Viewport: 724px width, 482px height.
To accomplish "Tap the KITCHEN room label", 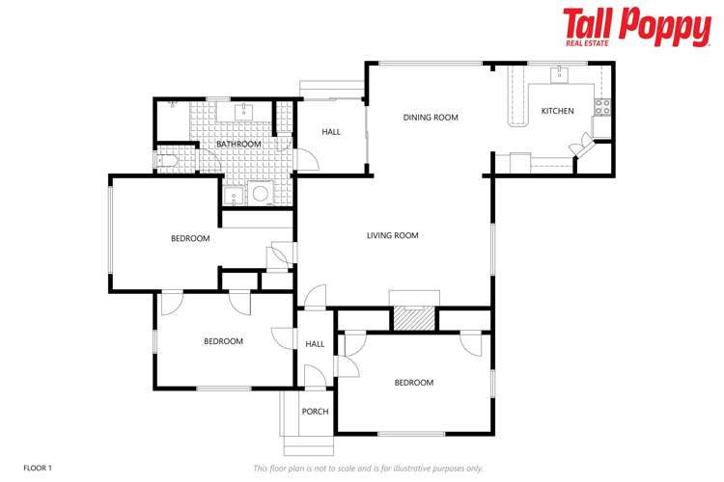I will pyautogui.click(x=557, y=111).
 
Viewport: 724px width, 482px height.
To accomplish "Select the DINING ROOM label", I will pyautogui.click(x=430, y=118).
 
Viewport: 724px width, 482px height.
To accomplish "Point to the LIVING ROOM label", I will pyautogui.click(x=392, y=235).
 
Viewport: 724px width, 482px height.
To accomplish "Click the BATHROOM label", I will pyautogui.click(x=238, y=145).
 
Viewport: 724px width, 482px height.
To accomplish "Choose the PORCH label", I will pyautogui.click(x=315, y=412).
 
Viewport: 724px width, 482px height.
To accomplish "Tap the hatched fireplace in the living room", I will pyautogui.click(x=414, y=319).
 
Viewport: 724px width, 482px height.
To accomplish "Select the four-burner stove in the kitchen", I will pyautogui.click(x=602, y=107).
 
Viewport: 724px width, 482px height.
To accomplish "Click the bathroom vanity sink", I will pyautogui.click(x=241, y=110).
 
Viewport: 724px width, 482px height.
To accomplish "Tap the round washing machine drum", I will pyautogui.click(x=260, y=194).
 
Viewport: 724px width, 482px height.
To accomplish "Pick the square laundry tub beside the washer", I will pyautogui.click(x=233, y=196).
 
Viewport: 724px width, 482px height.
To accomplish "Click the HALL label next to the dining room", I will pyautogui.click(x=331, y=132).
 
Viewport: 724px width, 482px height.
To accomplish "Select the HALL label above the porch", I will pyautogui.click(x=315, y=344).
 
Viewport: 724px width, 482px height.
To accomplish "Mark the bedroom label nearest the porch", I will pyautogui.click(x=413, y=383).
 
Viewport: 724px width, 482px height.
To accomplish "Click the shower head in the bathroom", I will pyautogui.click(x=172, y=101).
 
